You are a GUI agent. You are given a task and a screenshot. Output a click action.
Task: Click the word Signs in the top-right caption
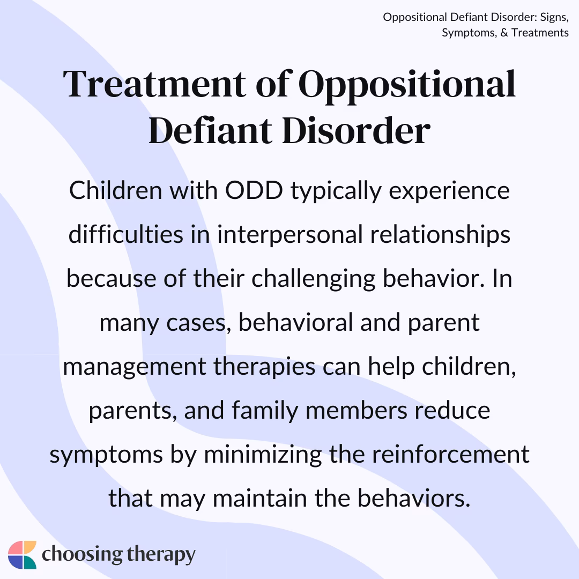coord(552,18)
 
